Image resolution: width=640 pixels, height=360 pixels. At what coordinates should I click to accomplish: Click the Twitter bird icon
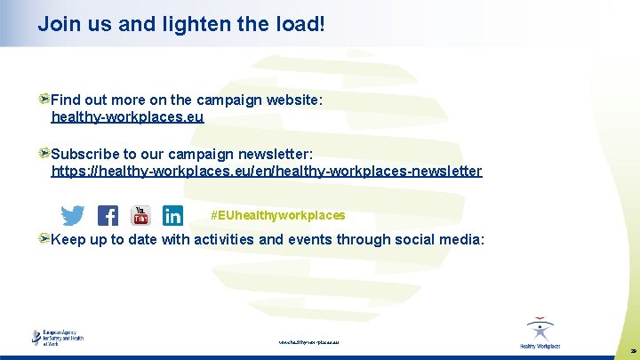[x=73, y=216]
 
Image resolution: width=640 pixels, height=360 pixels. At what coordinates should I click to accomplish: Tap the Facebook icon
[x=108, y=216]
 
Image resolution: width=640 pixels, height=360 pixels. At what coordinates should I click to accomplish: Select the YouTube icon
[x=141, y=215]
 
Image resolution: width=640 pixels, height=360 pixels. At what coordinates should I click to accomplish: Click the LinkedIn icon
[x=172, y=216]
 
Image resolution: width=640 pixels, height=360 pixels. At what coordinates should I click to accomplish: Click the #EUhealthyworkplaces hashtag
[x=278, y=216]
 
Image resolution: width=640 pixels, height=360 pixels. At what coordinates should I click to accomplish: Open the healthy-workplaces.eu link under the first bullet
[x=127, y=117]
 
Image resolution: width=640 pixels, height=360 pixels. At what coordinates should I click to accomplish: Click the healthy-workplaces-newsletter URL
[x=267, y=171]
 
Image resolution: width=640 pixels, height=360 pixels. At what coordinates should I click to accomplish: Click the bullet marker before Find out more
[x=44, y=100]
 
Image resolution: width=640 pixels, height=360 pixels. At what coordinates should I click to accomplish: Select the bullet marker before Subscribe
[x=44, y=153]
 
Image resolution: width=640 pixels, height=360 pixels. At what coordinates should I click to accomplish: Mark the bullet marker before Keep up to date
[x=44, y=237]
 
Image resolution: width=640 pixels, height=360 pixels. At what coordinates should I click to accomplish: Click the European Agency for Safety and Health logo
[x=59, y=338]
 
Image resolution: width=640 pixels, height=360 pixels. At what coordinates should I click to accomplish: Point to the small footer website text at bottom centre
[x=308, y=341]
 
